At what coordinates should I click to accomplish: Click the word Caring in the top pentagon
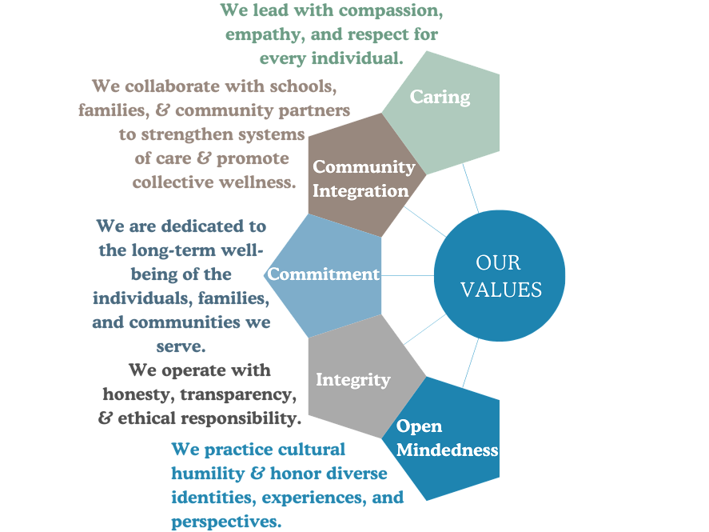pyautogui.click(x=440, y=97)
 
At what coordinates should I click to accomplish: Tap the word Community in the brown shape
pyautogui.click(x=364, y=167)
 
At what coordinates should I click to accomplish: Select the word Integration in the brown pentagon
pyautogui.click(x=360, y=191)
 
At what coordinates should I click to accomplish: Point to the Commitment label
pyautogui.click(x=324, y=274)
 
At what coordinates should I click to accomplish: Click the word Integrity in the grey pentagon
pyautogui.click(x=353, y=379)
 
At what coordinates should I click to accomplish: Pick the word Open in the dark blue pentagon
pyautogui.click(x=419, y=426)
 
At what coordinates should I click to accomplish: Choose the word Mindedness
pyautogui.click(x=448, y=450)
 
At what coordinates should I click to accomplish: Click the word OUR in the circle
pyautogui.click(x=498, y=262)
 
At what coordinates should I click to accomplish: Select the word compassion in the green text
pyautogui.click(x=392, y=10)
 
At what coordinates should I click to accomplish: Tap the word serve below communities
pyautogui.click(x=189, y=346)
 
